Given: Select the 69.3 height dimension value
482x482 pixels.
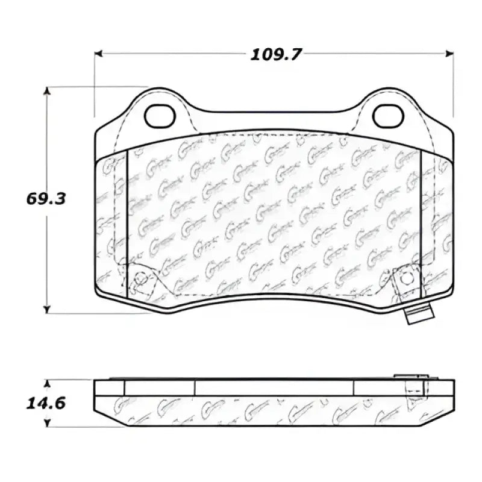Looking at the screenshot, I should click(45, 199).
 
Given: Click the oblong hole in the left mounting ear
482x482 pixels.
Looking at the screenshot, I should click(160, 116).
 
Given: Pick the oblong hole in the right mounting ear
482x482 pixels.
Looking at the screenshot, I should click(388, 116).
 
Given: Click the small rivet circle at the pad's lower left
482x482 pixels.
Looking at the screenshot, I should click(141, 278).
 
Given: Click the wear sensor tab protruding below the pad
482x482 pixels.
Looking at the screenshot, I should click(419, 313).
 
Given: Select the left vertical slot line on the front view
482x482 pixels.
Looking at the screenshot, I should click(127, 223).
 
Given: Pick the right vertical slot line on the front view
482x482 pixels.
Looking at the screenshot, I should click(421, 223).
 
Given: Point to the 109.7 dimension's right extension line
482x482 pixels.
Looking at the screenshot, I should click(453, 84).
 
